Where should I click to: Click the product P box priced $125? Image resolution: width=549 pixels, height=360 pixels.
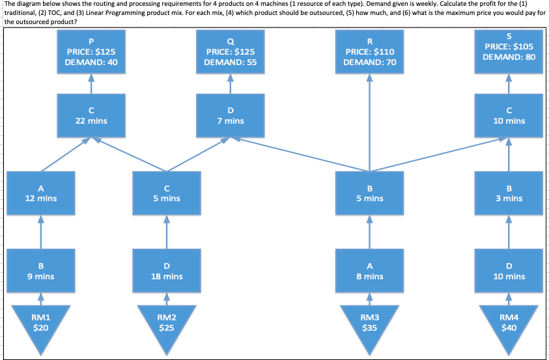coord(91,51)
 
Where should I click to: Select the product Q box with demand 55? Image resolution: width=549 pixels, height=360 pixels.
coord(230,51)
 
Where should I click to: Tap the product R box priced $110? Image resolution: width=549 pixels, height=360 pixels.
coord(369,51)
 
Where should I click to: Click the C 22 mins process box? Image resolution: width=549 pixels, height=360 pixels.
coord(91,115)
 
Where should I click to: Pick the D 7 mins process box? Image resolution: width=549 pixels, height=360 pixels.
coord(230,115)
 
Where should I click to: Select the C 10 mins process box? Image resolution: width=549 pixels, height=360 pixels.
coord(509,115)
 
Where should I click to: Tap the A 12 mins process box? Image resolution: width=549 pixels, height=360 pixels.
coord(40,193)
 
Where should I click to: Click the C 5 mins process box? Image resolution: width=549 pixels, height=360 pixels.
coord(166,193)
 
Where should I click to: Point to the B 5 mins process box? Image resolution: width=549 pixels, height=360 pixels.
coord(369,193)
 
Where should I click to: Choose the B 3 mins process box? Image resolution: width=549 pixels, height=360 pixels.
coord(509,193)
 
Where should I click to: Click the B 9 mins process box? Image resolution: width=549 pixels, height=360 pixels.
coord(40,271)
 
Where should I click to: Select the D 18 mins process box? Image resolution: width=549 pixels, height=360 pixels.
coord(166,271)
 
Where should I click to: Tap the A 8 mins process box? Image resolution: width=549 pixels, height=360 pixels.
coord(369,271)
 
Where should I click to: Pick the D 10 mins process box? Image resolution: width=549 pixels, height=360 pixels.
coord(509,271)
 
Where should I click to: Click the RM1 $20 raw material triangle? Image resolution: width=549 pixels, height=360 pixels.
coord(40,323)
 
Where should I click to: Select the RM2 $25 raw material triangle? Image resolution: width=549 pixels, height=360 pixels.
coord(166,323)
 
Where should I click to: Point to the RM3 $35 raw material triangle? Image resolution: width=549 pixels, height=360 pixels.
coord(369,323)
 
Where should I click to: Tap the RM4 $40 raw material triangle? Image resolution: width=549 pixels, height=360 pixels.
coord(509,323)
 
